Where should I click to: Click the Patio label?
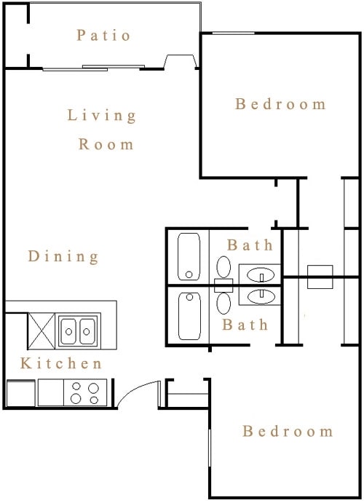pyautogui.click(x=103, y=35)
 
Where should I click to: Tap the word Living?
pyautogui.click(x=102, y=116)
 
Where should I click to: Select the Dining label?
pyautogui.click(x=63, y=257)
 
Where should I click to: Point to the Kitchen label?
pyautogui.click(x=61, y=363)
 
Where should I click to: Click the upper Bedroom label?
pyautogui.click(x=280, y=104)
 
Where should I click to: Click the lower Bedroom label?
pyautogui.click(x=288, y=431)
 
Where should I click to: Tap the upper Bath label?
pyautogui.click(x=250, y=245)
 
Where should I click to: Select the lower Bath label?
pyautogui.click(x=245, y=325)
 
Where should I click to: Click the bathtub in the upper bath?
pyautogui.click(x=189, y=256)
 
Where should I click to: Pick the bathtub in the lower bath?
pyautogui.click(x=189, y=316)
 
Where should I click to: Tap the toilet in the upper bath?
pyautogui.click(x=223, y=270)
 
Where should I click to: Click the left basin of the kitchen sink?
pyautogui.click(x=68, y=331)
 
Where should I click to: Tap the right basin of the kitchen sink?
pyautogui.click(x=87, y=331)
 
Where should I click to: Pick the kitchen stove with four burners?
pyautogui.click(x=85, y=392)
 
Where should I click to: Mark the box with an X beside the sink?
pyautogui.click(x=41, y=330)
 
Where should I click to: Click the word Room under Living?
pyautogui.click(x=106, y=144)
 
